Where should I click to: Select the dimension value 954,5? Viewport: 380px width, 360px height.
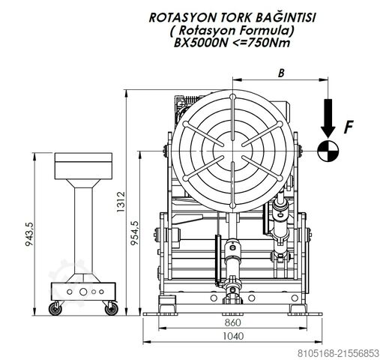pyautogui.click(x=136, y=232)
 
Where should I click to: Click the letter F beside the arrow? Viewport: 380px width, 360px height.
pyautogui.click(x=347, y=127)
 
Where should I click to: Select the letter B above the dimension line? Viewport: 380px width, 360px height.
pyautogui.click(x=280, y=73)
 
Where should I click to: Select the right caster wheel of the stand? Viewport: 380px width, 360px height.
pyautogui.click(x=112, y=307)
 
